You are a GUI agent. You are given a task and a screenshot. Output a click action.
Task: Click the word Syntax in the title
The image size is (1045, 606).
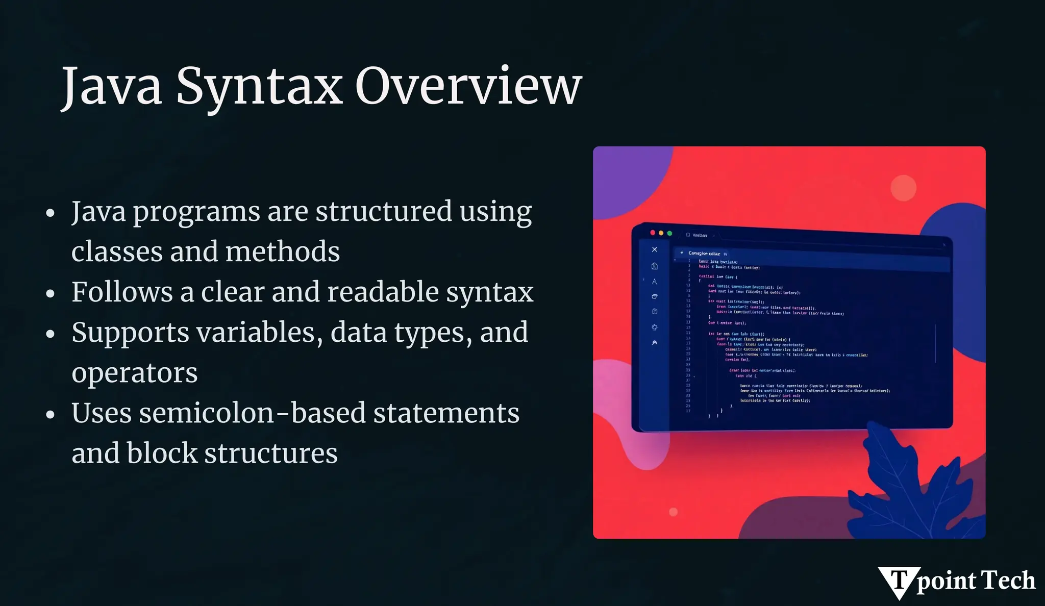[259, 87]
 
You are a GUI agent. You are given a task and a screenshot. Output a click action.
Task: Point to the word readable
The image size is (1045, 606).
[383, 292]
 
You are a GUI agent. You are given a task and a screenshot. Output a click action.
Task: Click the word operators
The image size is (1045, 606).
[134, 373]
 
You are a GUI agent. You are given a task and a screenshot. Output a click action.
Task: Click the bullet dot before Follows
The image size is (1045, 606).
[50, 293]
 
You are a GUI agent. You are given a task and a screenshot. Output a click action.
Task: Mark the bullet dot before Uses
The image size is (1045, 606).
[50, 414]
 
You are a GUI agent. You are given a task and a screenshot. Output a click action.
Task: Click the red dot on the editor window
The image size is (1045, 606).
[653, 233]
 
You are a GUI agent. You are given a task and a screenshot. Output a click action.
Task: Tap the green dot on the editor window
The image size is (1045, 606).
[669, 233]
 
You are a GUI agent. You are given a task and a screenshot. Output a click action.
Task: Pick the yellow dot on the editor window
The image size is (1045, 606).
[661, 233]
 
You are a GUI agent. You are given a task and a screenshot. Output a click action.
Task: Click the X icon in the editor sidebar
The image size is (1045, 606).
[655, 249]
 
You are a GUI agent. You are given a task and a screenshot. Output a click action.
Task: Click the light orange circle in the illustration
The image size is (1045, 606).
[903, 188]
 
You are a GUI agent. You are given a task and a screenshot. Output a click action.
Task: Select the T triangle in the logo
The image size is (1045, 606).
[900, 581]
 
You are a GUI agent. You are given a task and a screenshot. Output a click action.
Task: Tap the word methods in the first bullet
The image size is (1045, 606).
[283, 251]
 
